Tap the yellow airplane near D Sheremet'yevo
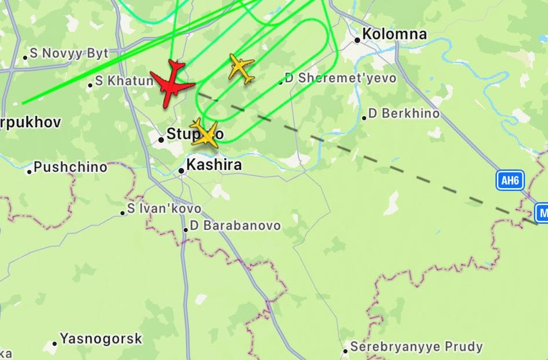coord(241,69)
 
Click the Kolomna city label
coord(394,34)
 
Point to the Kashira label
coord(214,166)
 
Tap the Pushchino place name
coord(70,167)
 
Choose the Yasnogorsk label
coord(101,339)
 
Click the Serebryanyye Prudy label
coord(417,347)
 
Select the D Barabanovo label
coord(235,226)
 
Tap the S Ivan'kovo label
coord(165,208)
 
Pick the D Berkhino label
coord(404,113)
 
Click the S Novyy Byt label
coord(69,54)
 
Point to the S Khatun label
coord(124,81)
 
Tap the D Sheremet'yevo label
coord(341,78)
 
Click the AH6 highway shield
coord(510,181)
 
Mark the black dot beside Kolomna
coord(357,40)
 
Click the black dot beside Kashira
coord(181,171)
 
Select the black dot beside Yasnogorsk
coord(55,343)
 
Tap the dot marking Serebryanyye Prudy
coord(345,350)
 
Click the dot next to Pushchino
coord(30,171)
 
